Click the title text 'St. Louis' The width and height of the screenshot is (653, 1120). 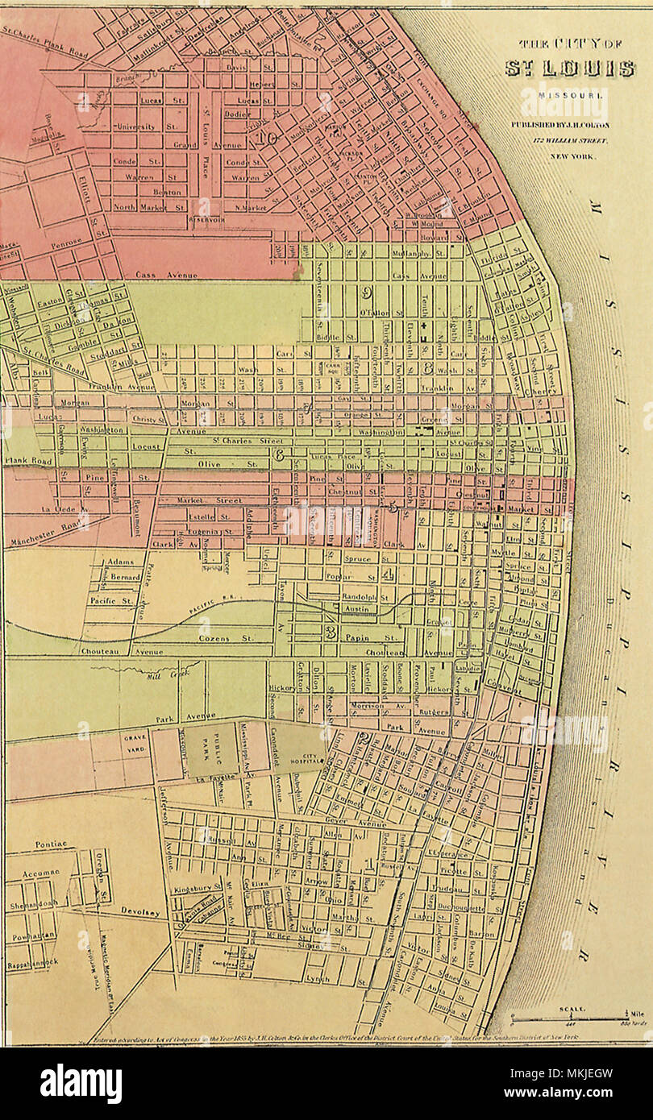point(569,68)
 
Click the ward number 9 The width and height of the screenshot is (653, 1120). point(367,292)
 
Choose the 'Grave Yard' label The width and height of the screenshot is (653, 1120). point(133,742)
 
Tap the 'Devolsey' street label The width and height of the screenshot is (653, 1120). point(141,913)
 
